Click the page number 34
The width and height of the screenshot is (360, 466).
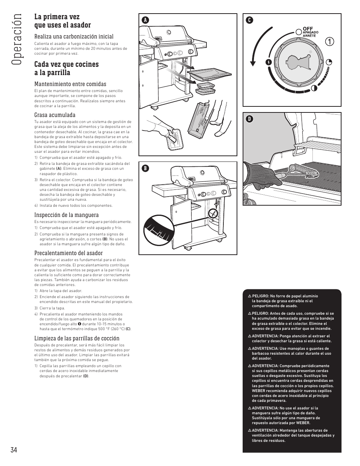14,449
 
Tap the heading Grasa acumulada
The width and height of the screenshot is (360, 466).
55,115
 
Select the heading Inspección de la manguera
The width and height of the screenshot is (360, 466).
66,215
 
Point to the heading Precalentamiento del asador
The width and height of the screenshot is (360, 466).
68,253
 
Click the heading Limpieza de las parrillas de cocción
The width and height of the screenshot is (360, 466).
77,338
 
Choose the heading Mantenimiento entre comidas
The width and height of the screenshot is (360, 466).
70,84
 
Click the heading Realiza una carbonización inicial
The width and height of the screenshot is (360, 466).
74,36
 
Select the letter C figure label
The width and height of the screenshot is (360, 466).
249,20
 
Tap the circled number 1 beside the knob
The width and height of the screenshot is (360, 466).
330,42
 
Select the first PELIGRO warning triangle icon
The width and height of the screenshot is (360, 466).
250,296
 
